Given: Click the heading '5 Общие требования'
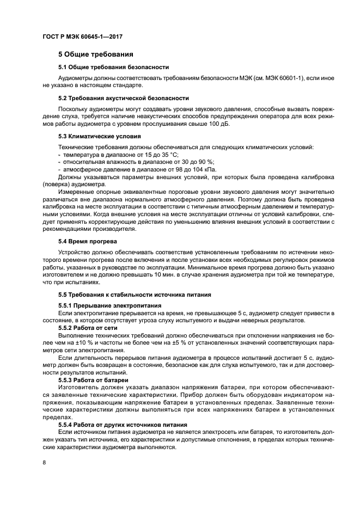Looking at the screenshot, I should pyautogui.click(x=95, y=54).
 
